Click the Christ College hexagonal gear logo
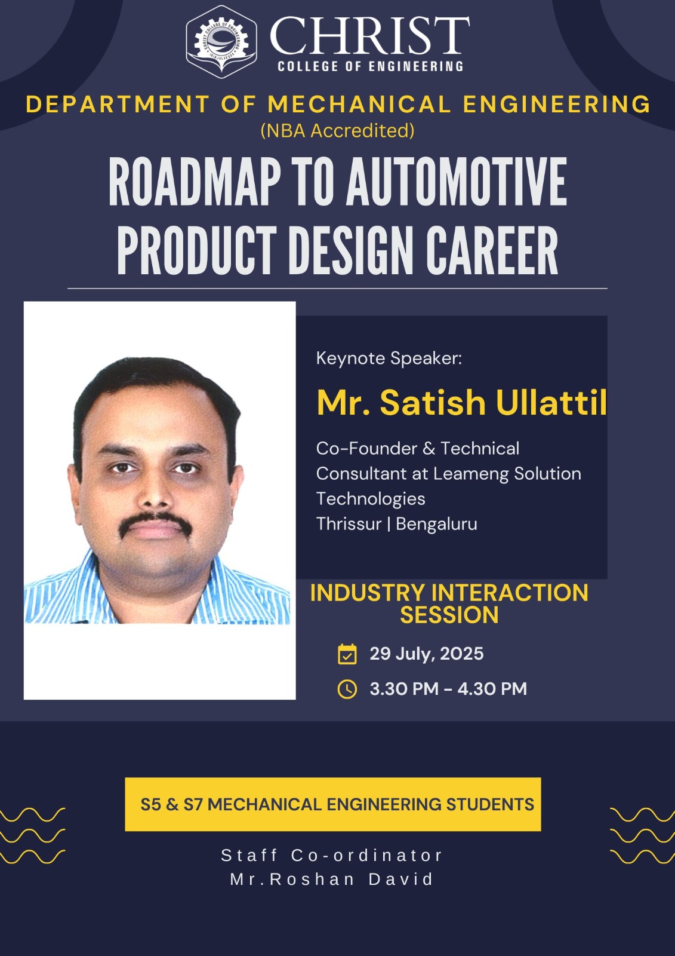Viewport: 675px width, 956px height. (221, 42)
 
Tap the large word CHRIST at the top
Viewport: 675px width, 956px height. (369, 36)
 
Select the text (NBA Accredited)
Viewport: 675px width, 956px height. (337, 131)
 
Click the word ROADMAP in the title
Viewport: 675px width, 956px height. (195, 182)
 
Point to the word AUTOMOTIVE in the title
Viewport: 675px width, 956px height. (457, 182)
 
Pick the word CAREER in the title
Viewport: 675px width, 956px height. (492, 250)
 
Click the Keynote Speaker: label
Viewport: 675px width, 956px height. (389, 358)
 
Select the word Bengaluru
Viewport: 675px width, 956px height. (437, 524)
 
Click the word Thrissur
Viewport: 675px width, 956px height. (349, 524)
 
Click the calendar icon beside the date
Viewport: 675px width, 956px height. (347, 654)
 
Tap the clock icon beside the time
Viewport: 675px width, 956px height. (347, 689)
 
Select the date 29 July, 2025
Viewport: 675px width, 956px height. (426, 654)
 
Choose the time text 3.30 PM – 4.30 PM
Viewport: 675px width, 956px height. (448, 689)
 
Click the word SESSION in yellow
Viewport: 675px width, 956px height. (449, 615)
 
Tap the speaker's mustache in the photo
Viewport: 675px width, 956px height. (155, 523)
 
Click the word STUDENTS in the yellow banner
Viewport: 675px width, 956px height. (490, 804)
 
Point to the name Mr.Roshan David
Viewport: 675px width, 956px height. (332, 880)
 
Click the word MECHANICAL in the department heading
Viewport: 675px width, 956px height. (359, 104)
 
